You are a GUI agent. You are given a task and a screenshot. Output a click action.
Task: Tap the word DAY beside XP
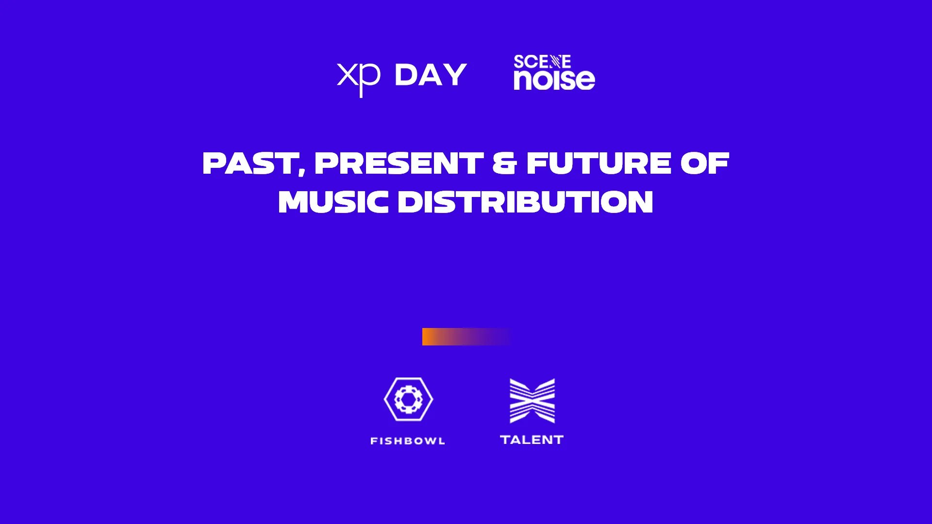[x=431, y=75]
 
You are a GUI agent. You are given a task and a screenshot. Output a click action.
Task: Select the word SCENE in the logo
[x=542, y=62]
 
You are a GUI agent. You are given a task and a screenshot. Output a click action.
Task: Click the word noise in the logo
[x=554, y=79]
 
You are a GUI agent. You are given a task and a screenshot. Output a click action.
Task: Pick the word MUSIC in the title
[x=333, y=202]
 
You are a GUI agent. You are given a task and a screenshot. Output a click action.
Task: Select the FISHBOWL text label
[x=408, y=441]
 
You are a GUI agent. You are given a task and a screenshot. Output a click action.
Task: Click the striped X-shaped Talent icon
[x=532, y=401]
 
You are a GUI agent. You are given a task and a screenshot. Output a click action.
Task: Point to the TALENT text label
[x=532, y=440]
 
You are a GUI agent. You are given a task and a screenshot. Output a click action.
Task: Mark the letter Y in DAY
[x=455, y=75]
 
